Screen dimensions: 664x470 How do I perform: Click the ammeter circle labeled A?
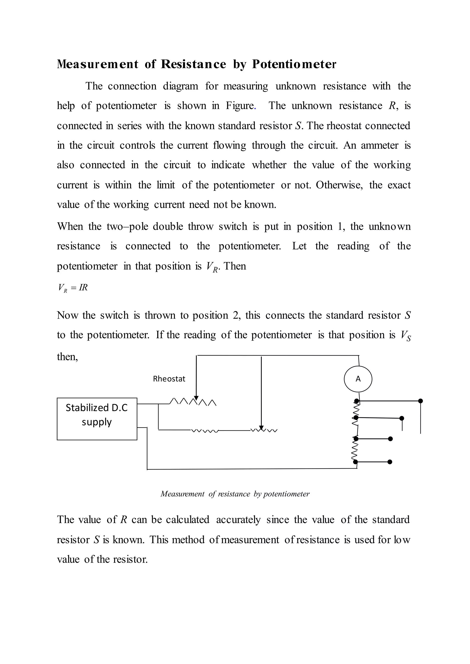tap(358, 379)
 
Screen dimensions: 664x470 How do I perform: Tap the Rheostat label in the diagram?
tap(169, 379)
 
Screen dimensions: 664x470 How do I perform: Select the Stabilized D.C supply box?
tap(97, 419)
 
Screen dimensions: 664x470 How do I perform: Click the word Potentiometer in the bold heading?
tap(294, 64)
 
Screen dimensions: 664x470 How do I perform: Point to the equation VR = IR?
tap(73, 287)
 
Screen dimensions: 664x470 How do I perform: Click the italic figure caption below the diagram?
tap(235, 494)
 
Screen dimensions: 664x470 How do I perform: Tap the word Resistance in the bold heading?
tap(193, 64)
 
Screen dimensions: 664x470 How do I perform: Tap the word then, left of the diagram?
tap(67, 357)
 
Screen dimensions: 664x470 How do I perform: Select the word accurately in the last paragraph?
tap(238, 519)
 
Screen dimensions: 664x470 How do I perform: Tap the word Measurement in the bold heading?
tap(98, 64)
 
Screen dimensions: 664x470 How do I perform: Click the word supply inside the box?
tap(96, 422)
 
